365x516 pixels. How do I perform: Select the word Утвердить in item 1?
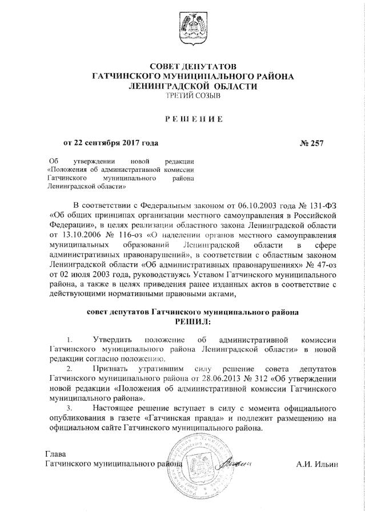point(113,341)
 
